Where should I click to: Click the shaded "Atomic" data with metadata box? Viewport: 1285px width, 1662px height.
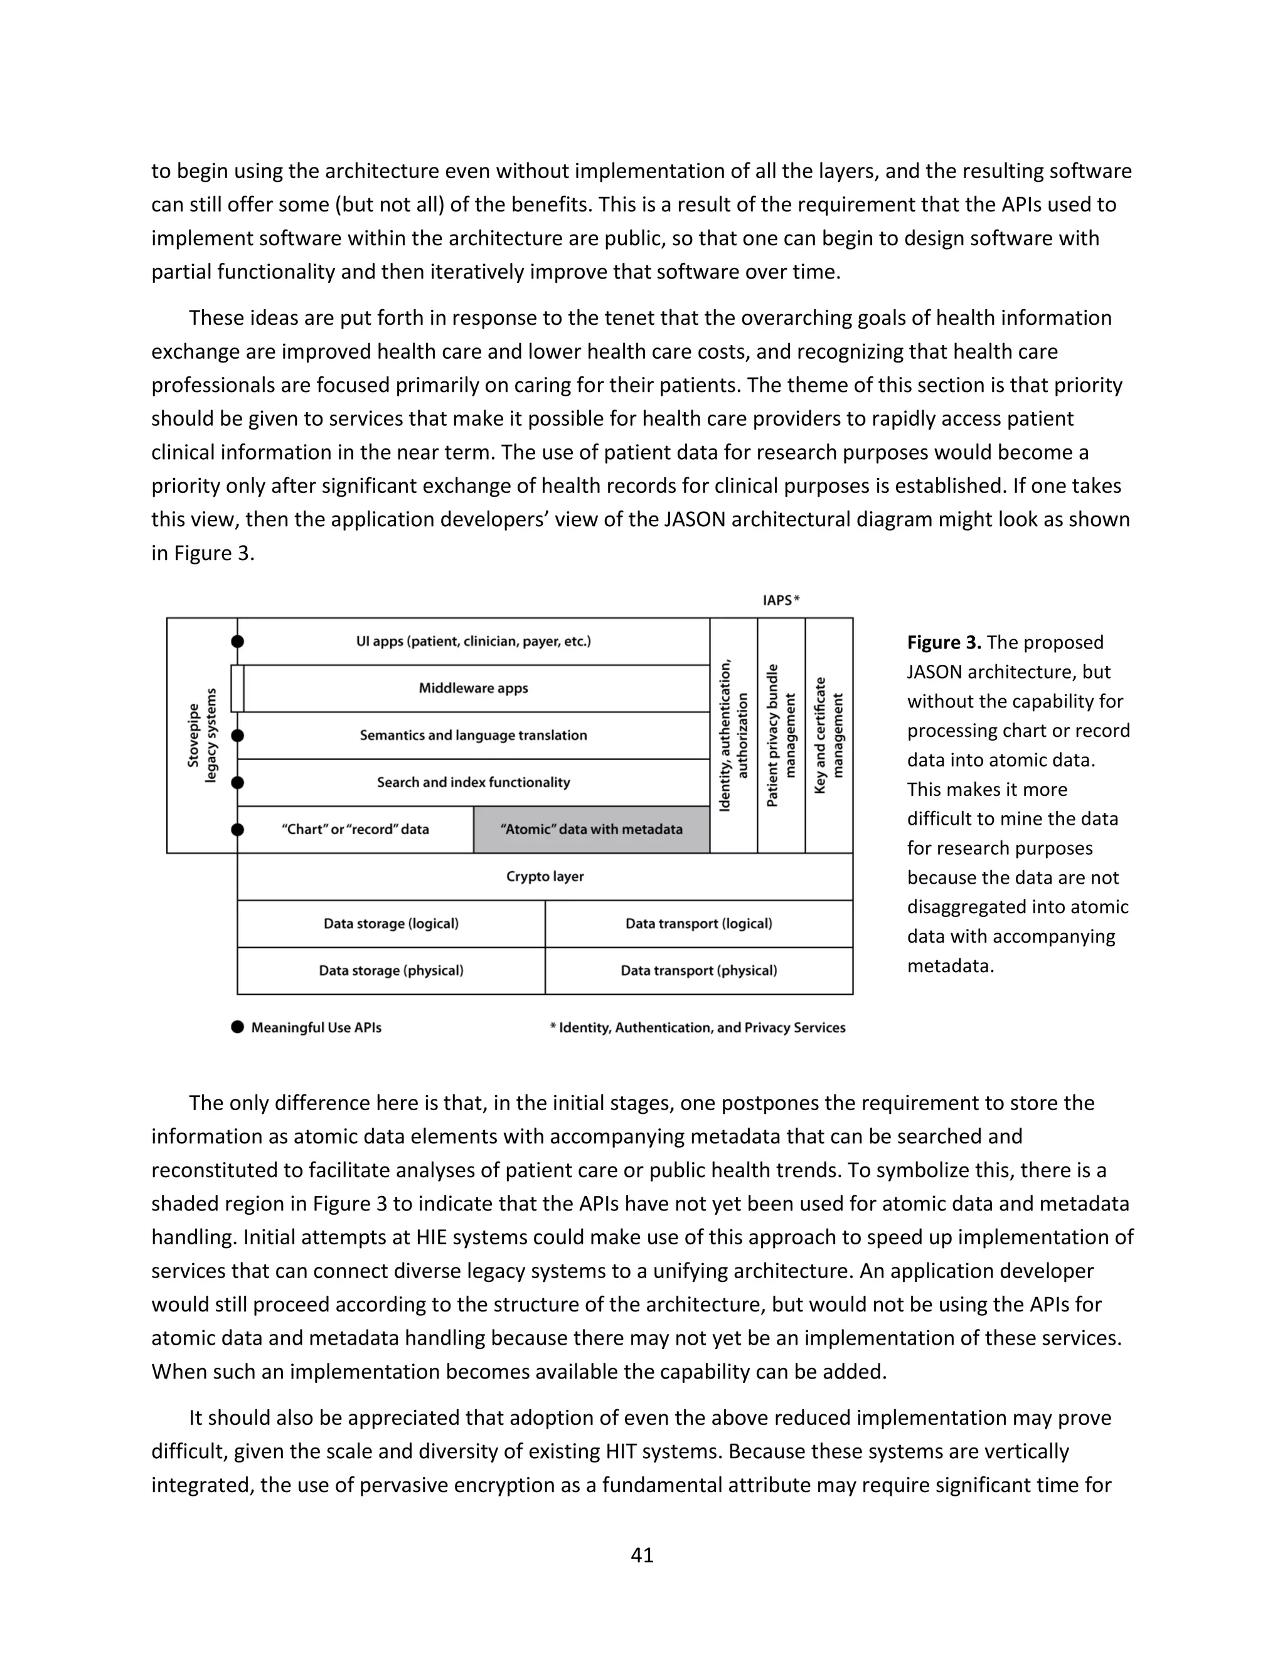592,830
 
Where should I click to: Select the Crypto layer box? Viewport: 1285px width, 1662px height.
545,877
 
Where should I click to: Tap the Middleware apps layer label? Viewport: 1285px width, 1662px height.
474,689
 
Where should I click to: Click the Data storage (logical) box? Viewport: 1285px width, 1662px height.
392,924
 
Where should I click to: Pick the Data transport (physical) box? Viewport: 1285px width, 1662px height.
699,971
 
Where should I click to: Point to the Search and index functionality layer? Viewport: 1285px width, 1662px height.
474,782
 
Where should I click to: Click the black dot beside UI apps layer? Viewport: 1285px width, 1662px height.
238,642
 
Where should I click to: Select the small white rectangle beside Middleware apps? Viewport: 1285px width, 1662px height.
238,689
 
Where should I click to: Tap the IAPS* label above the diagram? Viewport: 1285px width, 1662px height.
781,600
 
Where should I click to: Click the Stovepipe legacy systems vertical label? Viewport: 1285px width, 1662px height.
202,735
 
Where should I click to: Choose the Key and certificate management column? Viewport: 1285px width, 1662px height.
829,735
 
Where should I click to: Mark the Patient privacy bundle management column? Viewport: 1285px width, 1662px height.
781,735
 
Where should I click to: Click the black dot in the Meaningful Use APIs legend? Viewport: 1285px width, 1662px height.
238,1027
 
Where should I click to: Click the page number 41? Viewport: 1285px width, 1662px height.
642,1555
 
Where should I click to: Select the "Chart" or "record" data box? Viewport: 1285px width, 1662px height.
356,830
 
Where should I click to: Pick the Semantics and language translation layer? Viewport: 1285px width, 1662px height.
474,736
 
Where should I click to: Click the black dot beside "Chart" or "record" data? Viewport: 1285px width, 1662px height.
238,830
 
